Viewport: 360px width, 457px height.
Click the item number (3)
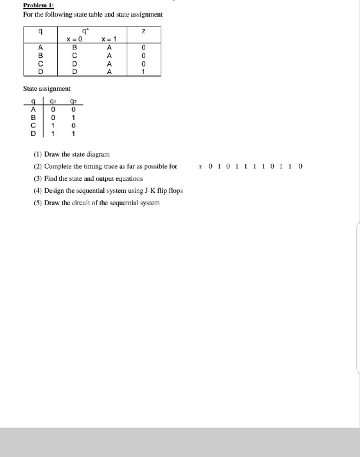pyautogui.click(x=37, y=178)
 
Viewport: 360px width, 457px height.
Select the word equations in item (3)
pyautogui.click(x=127, y=178)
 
